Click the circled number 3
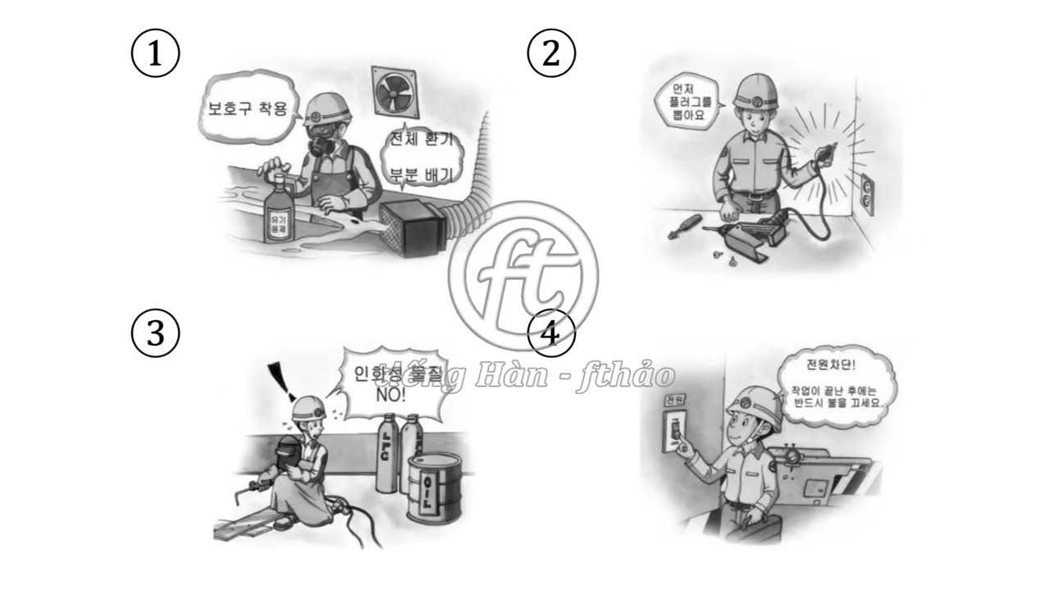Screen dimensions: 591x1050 click(x=155, y=332)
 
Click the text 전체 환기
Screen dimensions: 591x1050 click(x=422, y=140)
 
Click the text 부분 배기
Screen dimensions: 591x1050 click(x=422, y=172)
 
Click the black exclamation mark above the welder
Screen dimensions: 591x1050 click(x=281, y=379)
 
